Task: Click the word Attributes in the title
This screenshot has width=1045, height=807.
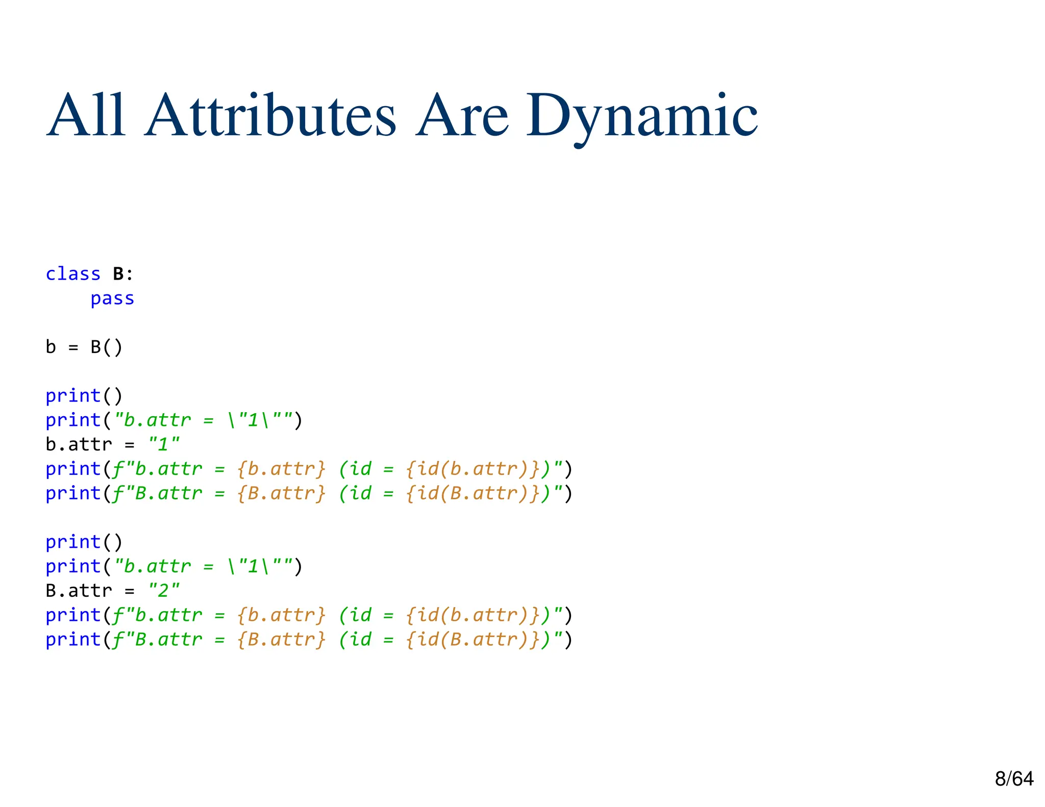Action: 270,116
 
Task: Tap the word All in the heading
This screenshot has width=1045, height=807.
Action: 86,116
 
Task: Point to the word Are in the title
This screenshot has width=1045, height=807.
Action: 462,116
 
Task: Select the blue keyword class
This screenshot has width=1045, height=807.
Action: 73,274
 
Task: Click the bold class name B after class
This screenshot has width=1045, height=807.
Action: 118,274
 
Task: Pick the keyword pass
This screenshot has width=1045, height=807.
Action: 112,298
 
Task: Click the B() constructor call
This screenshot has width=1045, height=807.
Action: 107,347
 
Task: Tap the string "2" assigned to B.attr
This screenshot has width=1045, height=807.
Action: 164,591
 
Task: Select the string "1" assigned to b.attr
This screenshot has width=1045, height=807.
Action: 164,444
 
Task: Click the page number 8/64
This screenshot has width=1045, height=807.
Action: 1014,778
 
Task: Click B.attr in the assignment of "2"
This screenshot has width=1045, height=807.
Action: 79,591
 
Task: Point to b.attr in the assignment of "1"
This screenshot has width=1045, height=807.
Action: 79,444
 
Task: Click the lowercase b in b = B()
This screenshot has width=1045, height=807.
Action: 51,347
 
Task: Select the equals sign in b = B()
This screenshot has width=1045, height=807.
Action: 73,348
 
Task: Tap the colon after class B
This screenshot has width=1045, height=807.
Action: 130,275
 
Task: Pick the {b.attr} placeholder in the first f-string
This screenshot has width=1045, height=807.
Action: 281,469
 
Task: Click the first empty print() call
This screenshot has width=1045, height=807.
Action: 84,396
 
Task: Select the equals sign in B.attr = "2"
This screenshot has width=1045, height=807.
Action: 130,591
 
